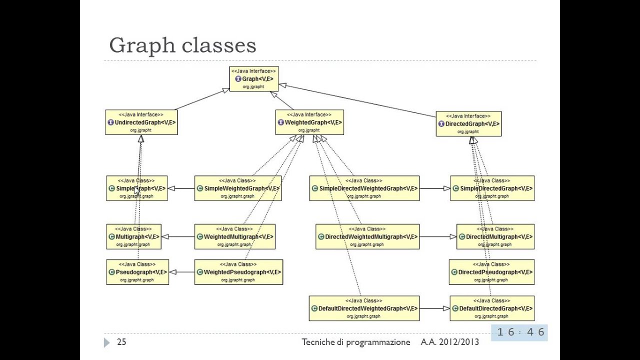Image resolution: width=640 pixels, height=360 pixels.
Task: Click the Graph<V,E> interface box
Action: click(x=253, y=79)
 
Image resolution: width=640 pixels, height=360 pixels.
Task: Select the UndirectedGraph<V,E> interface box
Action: click(x=141, y=122)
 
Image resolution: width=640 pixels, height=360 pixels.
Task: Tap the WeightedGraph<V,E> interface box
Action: click(x=309, y=122)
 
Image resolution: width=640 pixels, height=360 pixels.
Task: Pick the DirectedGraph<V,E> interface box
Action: click(x=468, y=124)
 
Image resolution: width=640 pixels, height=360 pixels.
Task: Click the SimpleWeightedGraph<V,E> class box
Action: click(x=237, y=188)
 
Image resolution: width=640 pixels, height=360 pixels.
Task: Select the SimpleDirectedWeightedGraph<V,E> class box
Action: click(x=364, y=188)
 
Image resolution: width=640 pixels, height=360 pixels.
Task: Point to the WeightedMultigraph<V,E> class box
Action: click(x=234, y=236)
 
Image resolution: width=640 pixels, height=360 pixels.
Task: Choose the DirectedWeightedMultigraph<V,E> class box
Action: click(x=367, y=236)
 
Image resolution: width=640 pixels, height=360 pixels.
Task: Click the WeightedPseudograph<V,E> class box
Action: click(x=238, y=272)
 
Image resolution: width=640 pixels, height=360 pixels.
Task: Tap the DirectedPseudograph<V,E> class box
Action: click(x=491, y=272)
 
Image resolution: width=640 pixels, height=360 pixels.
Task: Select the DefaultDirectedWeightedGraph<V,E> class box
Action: click(x=364, y=308)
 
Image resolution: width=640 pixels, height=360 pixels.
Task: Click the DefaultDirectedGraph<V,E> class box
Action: click(x=492, y=308)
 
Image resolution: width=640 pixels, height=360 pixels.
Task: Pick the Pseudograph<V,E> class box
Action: click(x=137, y=272)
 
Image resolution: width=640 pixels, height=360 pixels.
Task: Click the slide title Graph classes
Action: click(x=182, y=45)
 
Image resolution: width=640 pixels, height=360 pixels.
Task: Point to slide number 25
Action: click(x=121, y=342)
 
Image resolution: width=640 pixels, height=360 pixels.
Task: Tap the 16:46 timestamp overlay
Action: click(x=520, y=332)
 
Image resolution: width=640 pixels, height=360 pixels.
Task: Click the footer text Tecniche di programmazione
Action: click(x=355, y=342)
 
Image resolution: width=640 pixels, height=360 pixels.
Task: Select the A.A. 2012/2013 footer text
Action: click(x=449, y=342)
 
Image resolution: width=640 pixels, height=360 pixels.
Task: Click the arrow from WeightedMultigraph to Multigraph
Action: click(x=178, y=236)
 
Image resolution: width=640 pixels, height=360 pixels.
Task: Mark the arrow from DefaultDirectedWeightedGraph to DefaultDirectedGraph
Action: click(x=434, y=308)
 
